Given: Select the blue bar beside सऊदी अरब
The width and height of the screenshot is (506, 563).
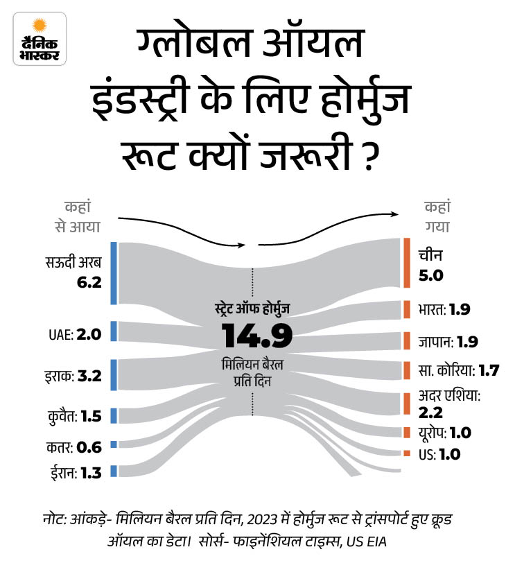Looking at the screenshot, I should click(113, 273).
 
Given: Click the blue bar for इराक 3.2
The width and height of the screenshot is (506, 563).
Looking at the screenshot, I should click(113, 375).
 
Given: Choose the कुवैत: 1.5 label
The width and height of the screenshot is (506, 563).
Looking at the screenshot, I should click(71, 416).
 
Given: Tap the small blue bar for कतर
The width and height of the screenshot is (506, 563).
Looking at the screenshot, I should click(113, 444).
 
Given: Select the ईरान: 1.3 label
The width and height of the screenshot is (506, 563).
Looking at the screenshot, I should click(71, 473).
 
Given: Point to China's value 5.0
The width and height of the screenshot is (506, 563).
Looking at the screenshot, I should click(430, 276).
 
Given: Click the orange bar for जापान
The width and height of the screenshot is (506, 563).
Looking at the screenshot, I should click(406, 341).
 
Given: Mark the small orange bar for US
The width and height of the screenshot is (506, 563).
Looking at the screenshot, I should click(406, 453).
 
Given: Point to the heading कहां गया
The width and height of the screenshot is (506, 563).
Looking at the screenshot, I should click(437, 216).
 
